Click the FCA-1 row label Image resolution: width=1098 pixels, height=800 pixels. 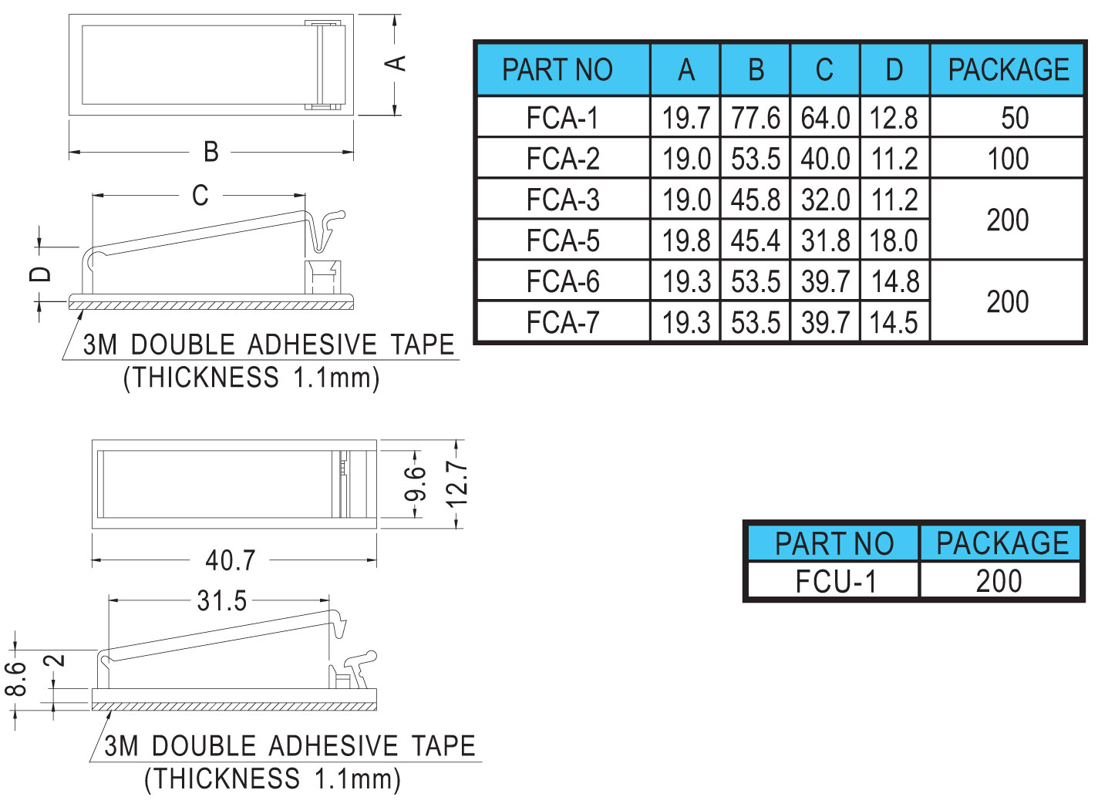coord(562,118)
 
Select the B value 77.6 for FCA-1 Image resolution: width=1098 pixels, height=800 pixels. coord(755,118)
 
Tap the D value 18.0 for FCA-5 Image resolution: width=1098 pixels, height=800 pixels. coord(894,240)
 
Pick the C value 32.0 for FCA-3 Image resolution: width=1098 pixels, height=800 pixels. coord(825,200)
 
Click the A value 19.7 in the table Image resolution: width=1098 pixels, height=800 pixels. coord(685,118)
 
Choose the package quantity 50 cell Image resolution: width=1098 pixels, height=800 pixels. coord(1014,118)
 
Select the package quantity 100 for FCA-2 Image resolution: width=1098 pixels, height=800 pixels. coord(1008,159)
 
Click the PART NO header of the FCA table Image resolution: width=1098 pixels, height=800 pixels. coord(557,70)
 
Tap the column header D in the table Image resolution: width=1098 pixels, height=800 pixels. coord(894,70)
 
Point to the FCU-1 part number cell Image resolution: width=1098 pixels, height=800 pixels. coord(836,581)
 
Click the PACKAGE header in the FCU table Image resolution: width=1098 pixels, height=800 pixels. coord(1002,543)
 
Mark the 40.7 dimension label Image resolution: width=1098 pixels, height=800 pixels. coord(230,560)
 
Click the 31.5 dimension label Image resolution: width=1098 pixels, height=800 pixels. coord(221,600)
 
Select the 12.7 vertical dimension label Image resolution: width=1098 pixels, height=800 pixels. coord(457,483)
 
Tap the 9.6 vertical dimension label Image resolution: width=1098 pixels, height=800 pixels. coord(416,483)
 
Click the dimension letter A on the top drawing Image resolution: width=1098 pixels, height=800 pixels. coord(396,63)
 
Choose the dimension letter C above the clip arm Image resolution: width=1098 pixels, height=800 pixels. coord(200,196)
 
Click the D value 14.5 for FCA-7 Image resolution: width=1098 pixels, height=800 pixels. coord(894,322)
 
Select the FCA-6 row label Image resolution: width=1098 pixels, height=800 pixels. coord(562,281)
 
